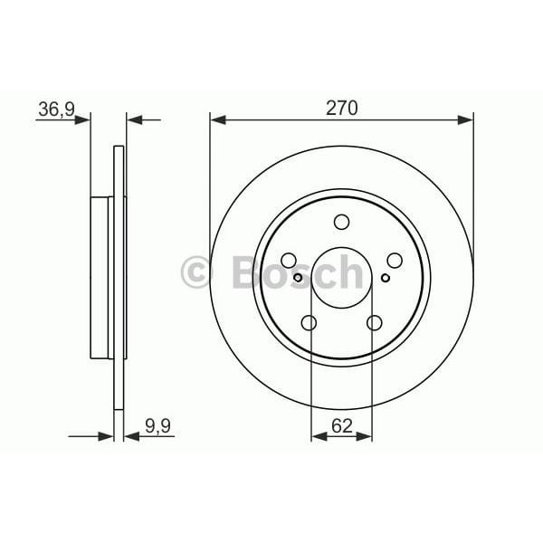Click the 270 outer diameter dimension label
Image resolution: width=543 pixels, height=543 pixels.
341,108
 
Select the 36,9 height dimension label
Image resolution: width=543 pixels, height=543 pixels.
55,110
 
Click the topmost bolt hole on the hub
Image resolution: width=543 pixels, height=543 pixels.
341,222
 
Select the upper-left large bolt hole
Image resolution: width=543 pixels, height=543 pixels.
289,260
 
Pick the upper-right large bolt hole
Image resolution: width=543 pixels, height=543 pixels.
394,260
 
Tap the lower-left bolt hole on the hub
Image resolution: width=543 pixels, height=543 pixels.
309,322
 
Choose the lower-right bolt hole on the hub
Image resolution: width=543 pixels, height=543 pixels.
374,322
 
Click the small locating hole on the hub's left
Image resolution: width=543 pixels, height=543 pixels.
298,277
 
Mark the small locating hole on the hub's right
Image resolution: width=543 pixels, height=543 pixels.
385,277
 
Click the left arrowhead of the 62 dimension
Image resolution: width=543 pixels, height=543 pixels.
317,436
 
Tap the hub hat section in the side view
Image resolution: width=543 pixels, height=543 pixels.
101,277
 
